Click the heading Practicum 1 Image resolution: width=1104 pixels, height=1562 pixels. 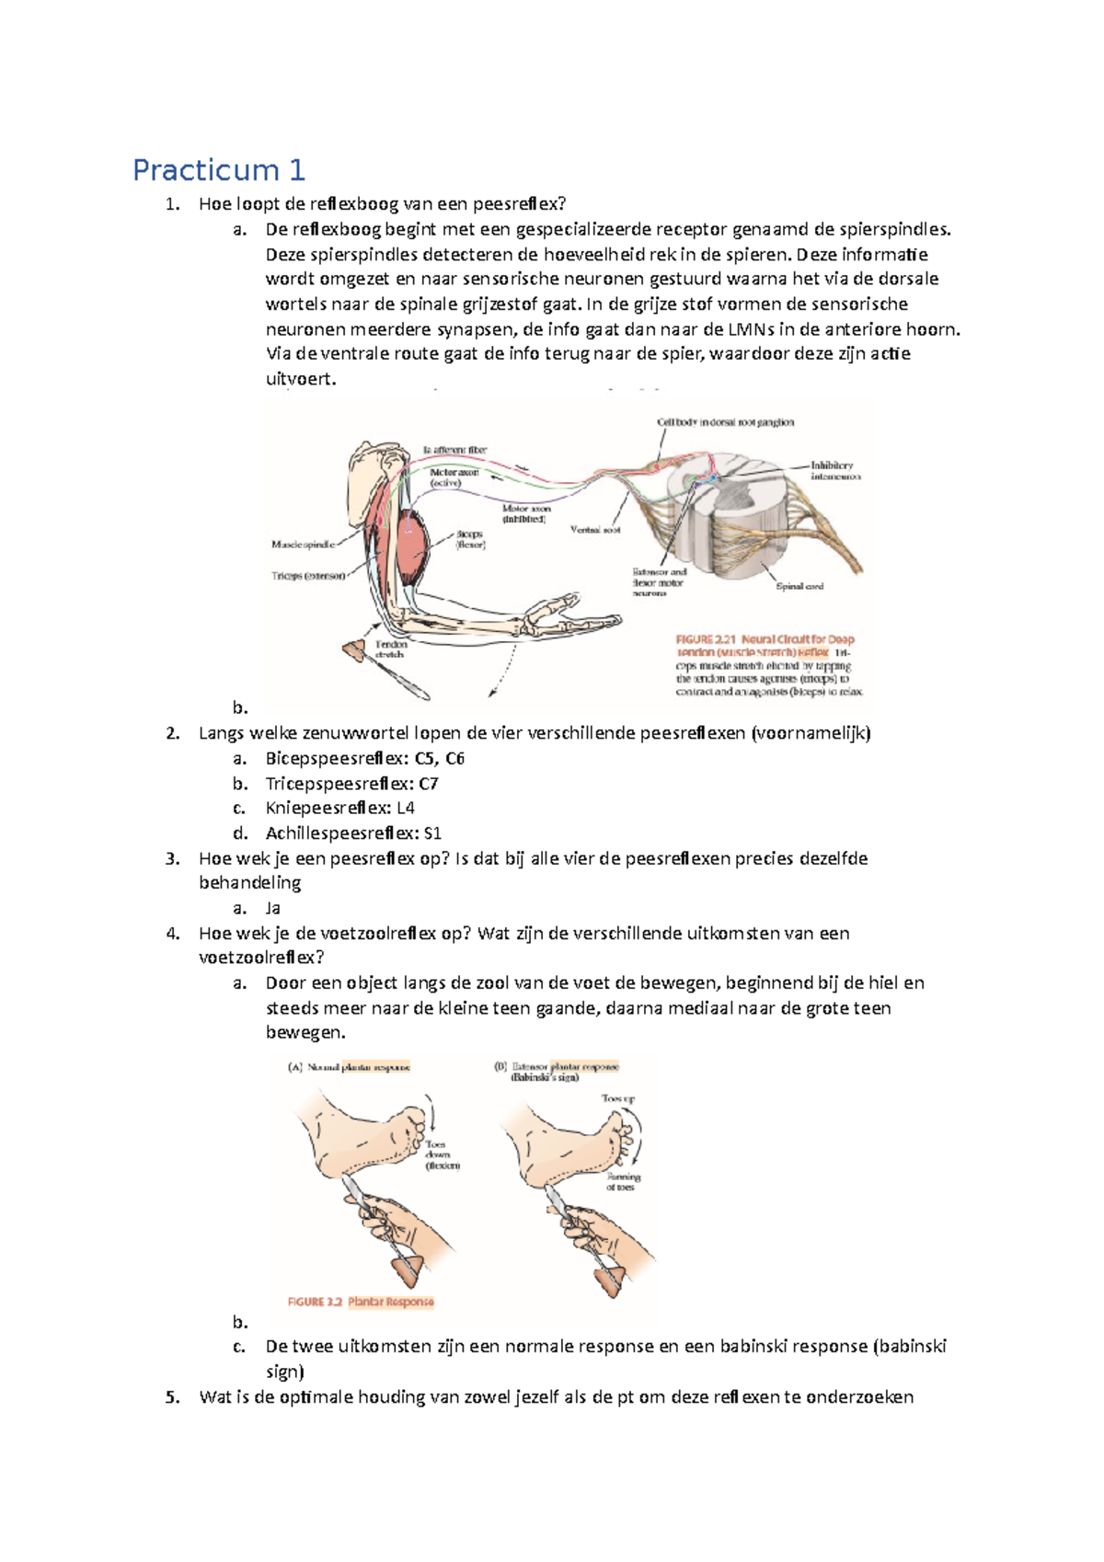point(219,170)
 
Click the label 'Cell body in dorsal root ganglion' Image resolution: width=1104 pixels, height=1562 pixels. point(725,422)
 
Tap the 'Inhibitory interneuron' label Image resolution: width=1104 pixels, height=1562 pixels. point(834,471)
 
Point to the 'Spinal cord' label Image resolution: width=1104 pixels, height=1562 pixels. point(799,586)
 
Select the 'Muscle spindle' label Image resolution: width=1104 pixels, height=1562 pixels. point(303,545)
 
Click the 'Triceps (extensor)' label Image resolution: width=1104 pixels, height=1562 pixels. point(308,576)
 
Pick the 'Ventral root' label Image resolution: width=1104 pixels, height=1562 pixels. point(595,530)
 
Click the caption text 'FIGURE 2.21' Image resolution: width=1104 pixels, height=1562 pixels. point(707,639)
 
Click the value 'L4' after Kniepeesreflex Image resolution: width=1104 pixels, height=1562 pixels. point(406,809)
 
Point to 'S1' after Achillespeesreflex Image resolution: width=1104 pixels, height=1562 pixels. point(432,833)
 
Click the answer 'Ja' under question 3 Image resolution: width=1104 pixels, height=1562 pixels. point(272,908)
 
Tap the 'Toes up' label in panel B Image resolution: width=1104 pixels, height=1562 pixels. point(617,1098)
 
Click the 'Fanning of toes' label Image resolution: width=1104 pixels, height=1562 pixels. point(623,1182)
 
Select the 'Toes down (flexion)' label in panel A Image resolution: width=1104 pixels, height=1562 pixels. point(439,1154)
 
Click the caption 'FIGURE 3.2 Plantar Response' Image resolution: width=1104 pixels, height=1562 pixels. point(360,1302)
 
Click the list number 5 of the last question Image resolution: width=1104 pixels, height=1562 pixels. point(172,1397)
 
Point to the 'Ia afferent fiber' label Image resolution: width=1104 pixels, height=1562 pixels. point(454,450)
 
